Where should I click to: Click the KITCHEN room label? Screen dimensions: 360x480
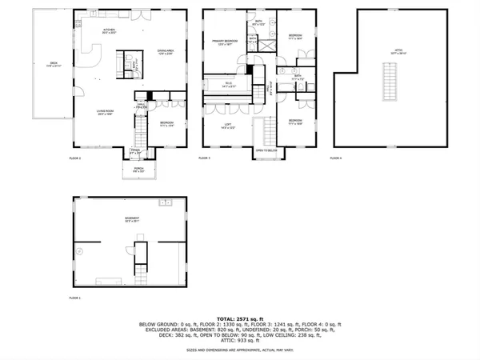coord(110,31)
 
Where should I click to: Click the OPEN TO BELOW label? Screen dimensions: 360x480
coord(266,150)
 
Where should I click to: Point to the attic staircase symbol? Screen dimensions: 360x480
coord(390,82)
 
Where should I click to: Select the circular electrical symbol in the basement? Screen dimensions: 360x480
coord(79,252)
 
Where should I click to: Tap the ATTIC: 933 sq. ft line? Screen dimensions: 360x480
coord(240,342)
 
